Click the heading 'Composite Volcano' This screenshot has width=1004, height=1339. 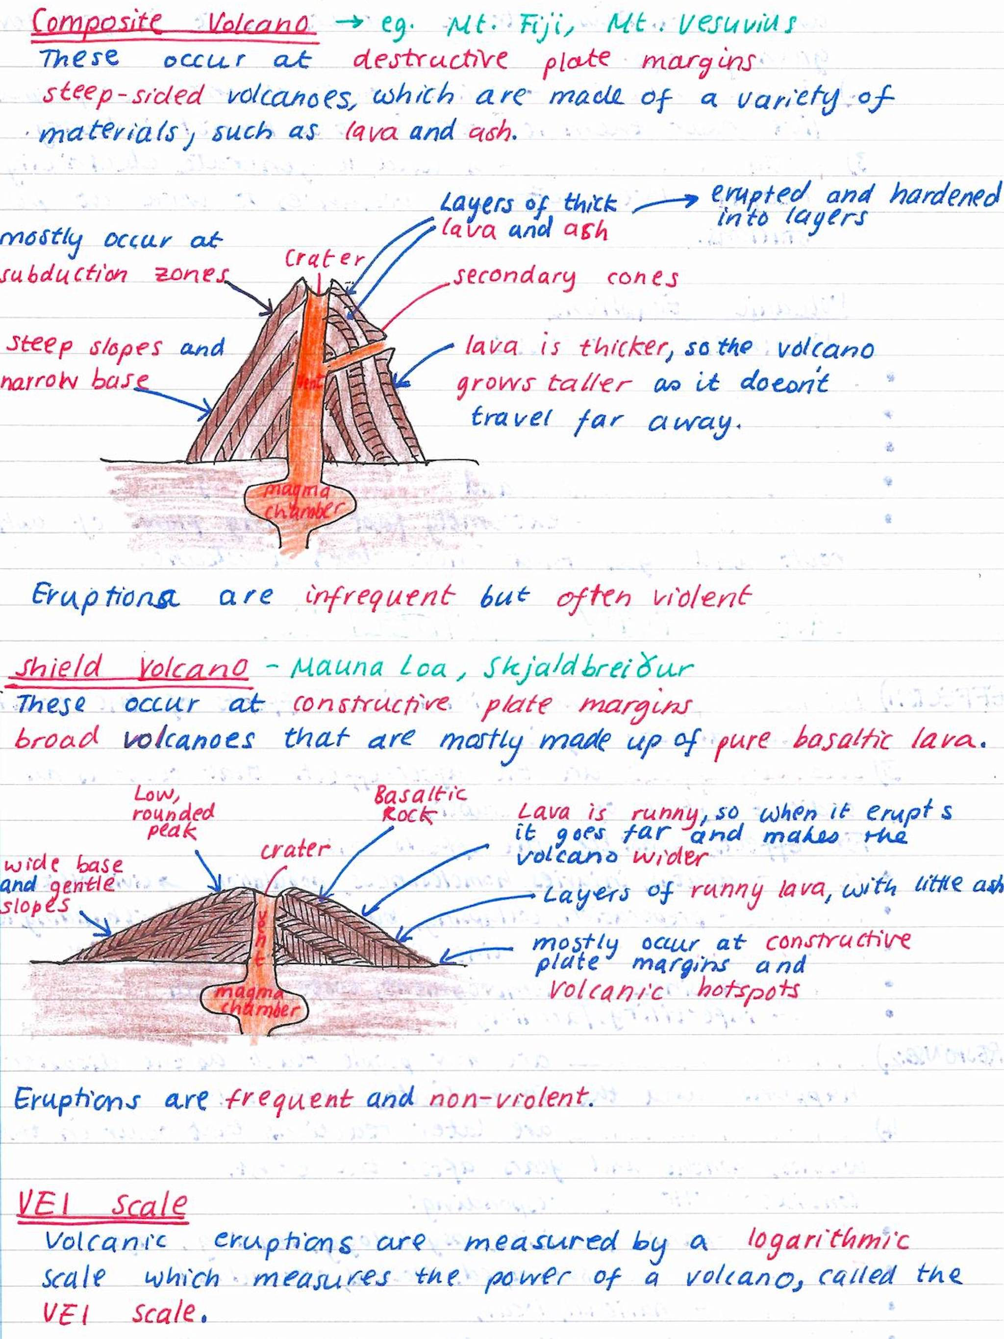click(x=173, y=24)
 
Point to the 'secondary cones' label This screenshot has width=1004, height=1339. click(x=566, y=277)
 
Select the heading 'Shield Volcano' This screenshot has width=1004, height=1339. click(x=131, y=668)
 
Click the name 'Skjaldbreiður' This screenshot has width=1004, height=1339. click(x=587, y=668)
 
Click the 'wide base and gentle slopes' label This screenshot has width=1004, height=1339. click(x=61, y=884)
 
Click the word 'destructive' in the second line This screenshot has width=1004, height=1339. click(x=430, y=59)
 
